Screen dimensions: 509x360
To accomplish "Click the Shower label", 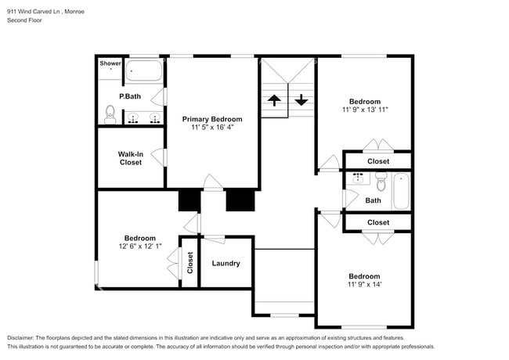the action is click(110, 63).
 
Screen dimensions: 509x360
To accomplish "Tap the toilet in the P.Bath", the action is click(110, 114).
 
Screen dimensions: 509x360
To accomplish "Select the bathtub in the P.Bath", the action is click(143, 70).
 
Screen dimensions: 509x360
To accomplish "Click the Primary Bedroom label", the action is click(212, 119).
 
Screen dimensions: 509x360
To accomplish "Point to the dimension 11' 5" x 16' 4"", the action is click(212, 127).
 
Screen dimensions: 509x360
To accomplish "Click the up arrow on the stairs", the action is click(274, 100).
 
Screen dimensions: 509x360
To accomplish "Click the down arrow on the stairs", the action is click(301, 100).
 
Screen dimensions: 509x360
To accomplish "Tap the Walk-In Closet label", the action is click(131, 158).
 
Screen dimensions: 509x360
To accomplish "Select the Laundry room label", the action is click(226, 264).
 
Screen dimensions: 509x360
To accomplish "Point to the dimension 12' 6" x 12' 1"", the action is click(140, 247).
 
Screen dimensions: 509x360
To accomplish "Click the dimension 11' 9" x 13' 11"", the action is click(365, 110).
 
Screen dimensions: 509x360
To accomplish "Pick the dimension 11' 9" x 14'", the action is click(364, 284).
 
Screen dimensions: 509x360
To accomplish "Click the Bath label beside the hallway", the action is click(373, 200).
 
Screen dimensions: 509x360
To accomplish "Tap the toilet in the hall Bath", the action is click(381, 182).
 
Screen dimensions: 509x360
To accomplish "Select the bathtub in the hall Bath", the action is click(401, 192).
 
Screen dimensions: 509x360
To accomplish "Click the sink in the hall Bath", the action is click(358, 178).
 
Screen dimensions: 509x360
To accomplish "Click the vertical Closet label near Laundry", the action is click(190, 263).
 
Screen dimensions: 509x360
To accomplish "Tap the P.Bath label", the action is click(130, 96).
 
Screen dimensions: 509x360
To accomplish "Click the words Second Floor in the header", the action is click(25, 20).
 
